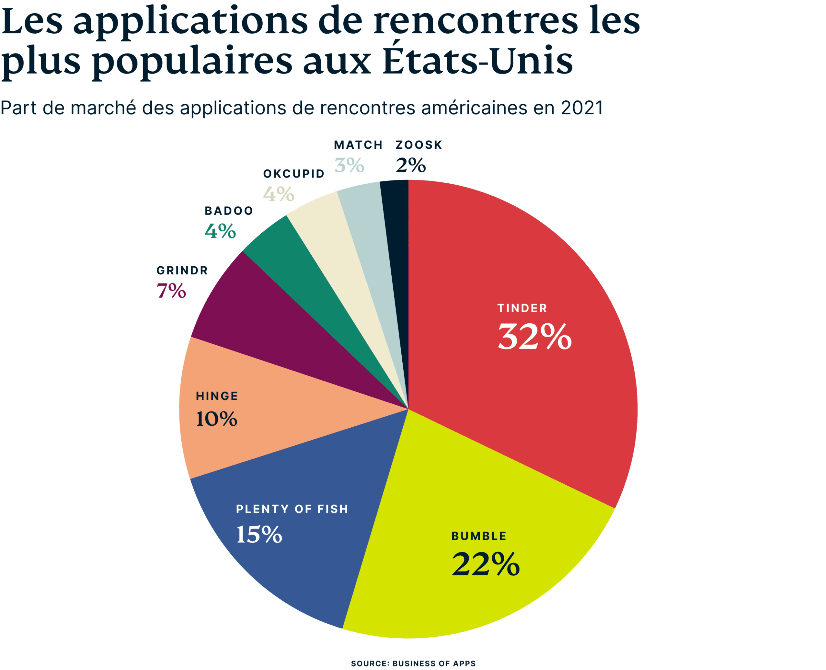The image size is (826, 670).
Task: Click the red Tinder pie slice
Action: (x=521, y=386)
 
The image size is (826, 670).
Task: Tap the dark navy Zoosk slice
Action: (x=398, y=232)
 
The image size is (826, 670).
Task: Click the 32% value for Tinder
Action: (x=534, y=337)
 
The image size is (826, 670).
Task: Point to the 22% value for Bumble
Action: (x=485, y=564)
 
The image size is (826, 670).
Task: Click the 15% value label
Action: (x=259, y=534)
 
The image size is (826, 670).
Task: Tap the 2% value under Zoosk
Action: (x=410, y=166)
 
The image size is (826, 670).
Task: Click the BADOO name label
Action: (x=229, y=211)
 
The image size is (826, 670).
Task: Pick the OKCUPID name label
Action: (x=294, y=174)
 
